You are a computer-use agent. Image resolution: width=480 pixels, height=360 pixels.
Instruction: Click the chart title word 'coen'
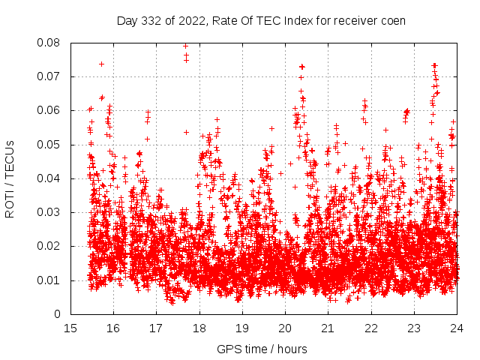393,21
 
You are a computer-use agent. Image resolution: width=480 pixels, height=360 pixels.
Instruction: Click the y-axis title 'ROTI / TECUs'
10,178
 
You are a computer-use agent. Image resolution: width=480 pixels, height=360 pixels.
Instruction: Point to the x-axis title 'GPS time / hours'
262,349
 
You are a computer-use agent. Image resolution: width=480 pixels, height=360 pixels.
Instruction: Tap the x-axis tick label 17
156,328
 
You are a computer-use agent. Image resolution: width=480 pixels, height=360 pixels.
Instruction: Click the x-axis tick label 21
328,328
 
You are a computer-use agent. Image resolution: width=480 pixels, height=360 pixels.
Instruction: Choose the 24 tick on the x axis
456,328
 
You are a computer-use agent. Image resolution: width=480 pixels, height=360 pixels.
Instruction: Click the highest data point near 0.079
185,46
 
